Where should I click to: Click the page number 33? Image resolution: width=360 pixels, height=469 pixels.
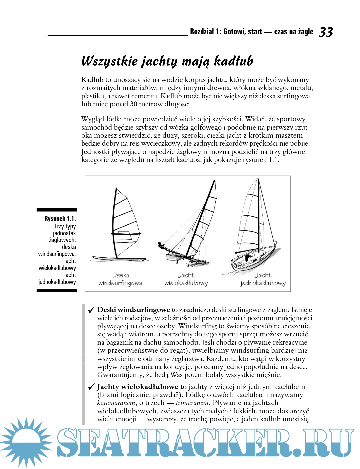pos(326,32)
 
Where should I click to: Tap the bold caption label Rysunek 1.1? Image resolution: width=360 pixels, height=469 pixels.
pos(60,219)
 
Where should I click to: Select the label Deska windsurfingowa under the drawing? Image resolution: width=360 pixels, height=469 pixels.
pos(120,279)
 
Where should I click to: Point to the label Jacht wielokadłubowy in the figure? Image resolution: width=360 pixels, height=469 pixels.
pos(186,279)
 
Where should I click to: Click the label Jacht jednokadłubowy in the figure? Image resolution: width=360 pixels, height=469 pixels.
pos(263,279)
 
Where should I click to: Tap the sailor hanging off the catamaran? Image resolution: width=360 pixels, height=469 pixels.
pos(162,246)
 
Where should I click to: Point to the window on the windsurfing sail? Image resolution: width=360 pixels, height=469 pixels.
pos(125,236)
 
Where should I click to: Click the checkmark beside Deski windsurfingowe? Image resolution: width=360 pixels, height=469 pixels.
pos(91,310)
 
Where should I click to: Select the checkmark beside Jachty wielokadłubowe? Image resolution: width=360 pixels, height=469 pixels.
pos(91,387)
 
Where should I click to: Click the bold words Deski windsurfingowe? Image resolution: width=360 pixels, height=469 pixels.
pos(133,310)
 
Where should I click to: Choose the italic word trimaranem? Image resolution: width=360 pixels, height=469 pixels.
pos(192,403)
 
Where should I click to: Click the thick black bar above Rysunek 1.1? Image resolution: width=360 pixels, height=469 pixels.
pos(57,210)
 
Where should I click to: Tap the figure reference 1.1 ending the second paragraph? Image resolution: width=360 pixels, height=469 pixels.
pos(273,160)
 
